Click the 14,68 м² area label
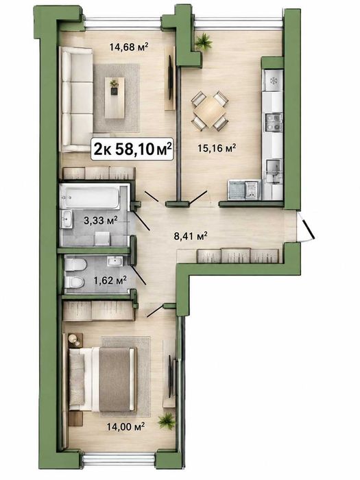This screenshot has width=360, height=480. click(129, 47)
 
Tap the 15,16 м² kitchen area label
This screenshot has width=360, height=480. click(217, 149)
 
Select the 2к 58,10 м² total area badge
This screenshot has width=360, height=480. click(132, 149)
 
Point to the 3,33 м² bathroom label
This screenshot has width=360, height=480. click(101, 220)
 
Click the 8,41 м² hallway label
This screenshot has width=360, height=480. click(190, 236)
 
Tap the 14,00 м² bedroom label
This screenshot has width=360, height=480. click(125, 426)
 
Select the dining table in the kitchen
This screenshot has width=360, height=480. click(210, 111)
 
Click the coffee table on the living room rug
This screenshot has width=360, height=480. click(115, 97)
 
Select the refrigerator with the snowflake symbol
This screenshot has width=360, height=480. click(274, 81)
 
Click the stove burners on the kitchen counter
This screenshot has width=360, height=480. click(274, 122)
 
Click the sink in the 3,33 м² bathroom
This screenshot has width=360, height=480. click(67, 219)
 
